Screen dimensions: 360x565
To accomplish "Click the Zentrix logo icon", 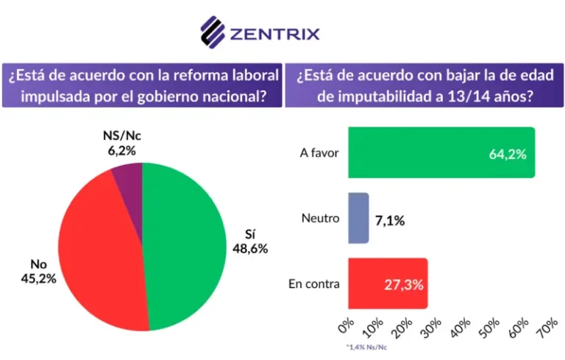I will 213,32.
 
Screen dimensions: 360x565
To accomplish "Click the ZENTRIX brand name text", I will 275,34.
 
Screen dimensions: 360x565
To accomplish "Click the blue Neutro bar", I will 358,219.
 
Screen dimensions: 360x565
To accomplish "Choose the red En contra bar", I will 387,283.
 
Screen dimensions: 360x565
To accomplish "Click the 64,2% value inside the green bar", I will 508,154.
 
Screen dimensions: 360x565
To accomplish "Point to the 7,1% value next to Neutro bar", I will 390,219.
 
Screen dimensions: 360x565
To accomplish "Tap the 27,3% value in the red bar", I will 404,284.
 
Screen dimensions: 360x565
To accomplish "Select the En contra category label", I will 315,284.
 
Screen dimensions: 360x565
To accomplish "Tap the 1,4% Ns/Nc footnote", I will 366,346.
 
